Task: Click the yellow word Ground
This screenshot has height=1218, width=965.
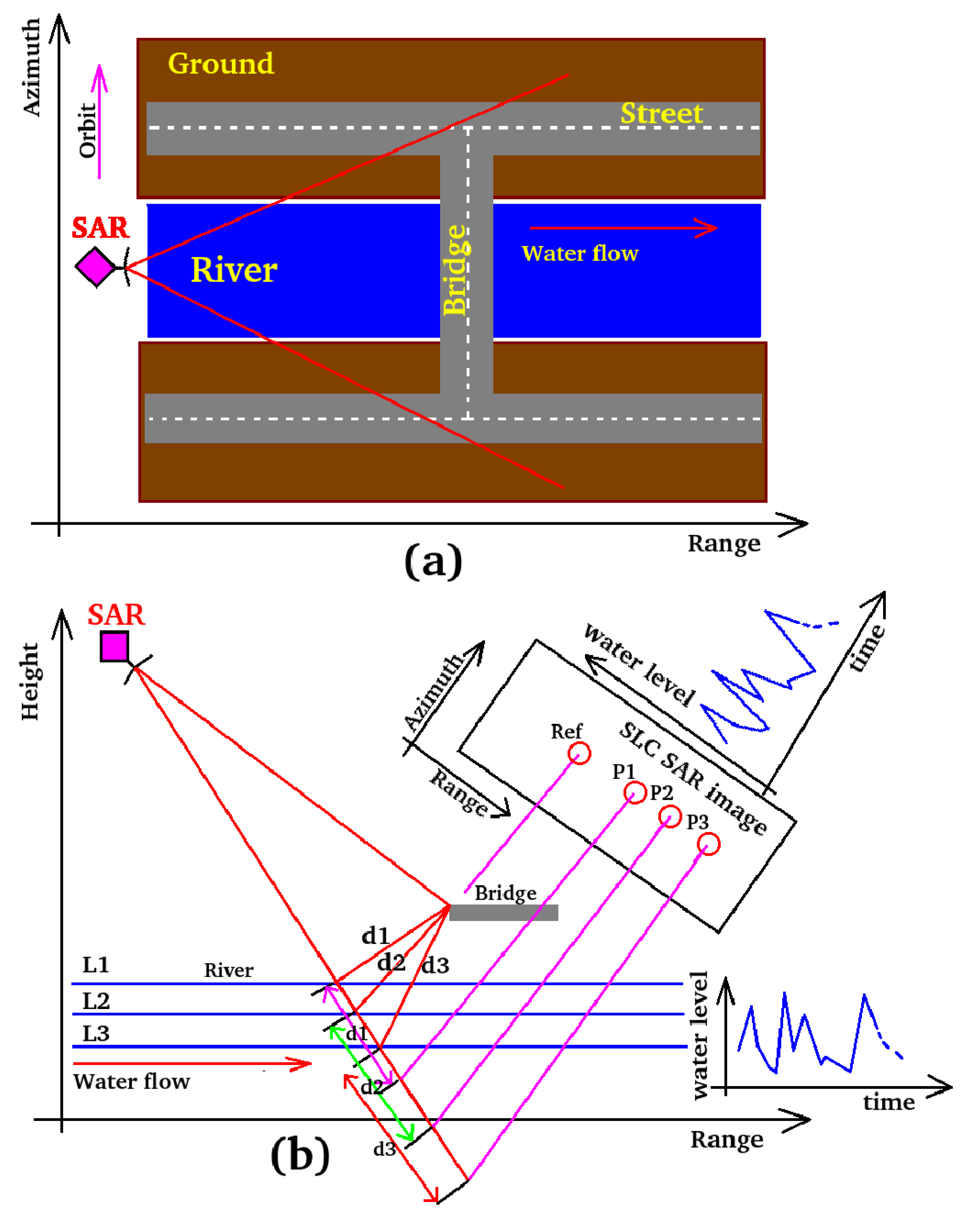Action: point(221,63)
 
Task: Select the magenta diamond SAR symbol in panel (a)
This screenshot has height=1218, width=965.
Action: point(96,267)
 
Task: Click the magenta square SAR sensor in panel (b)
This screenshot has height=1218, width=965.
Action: point(115,646)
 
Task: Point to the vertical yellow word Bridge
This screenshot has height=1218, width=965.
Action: point(455,270)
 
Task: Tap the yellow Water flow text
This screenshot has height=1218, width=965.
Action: point(580,254)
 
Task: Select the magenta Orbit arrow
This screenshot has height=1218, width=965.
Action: point(99,122)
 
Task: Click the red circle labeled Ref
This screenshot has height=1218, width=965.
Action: point(579,753)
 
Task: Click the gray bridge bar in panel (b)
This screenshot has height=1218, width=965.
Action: point(503,912)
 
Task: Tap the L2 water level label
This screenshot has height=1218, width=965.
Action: point(96,1001)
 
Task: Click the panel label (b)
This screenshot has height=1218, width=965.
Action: point(300,1155)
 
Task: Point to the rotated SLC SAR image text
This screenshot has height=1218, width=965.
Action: point(693,779)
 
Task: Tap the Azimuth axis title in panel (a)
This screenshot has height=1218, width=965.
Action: point(31,67)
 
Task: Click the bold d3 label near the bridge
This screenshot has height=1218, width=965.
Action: point(435,965)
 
